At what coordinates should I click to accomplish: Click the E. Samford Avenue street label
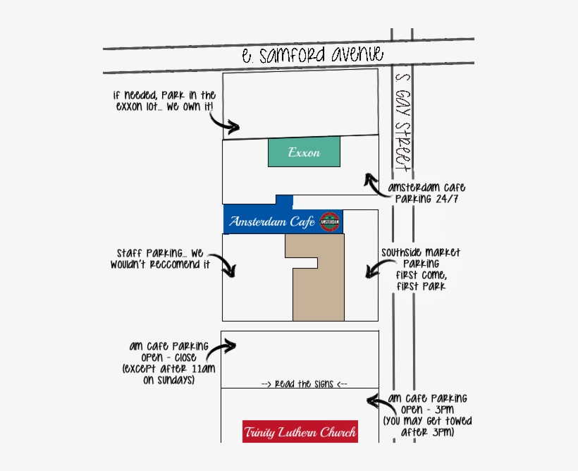[312, 55]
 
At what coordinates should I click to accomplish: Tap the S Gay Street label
[403, 130]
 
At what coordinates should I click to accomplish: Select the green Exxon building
[304, 152]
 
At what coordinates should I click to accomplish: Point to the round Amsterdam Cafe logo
[330, 221]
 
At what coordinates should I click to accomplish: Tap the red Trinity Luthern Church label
[300, 432]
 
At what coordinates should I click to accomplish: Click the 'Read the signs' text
[304, 384]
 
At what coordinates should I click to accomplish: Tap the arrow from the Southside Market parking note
[373, 269]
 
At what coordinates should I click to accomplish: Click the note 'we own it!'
[199, 106]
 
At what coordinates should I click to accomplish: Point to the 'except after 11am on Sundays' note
[159, 374]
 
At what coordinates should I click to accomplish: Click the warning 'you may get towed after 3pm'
[428, 426]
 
